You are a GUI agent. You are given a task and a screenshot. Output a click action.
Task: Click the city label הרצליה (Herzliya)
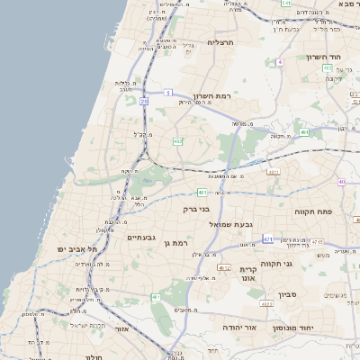220,42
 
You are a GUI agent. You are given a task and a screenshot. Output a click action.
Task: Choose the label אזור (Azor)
122,329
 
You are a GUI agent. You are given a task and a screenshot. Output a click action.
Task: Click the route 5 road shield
168,92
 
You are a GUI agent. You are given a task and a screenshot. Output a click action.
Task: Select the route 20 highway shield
144,102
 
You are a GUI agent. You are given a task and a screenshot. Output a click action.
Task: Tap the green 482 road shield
177,141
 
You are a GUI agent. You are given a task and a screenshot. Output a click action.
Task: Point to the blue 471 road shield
267,239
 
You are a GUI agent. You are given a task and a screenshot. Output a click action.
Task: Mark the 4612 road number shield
224,267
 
